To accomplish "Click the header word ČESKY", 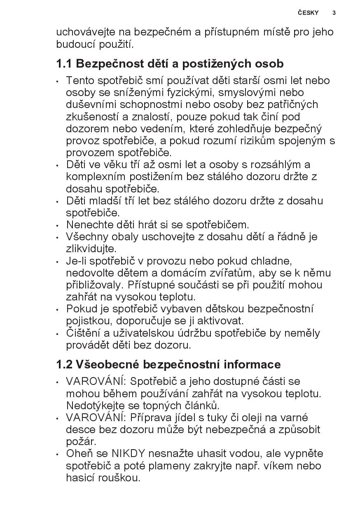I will pos(308,13).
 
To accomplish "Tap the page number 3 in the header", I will pos(334,13).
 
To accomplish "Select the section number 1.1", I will pos(64,64).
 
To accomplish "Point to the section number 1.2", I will pos(64,365).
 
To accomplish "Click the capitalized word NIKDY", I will pos(129,454).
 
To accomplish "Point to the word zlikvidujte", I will pos(85,249).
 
